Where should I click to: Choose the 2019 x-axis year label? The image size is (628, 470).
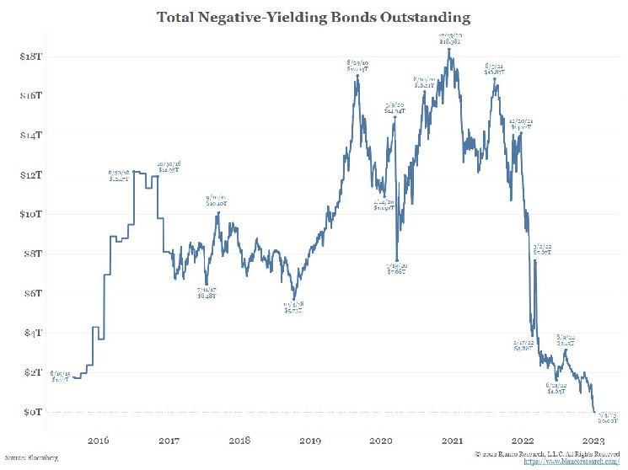click(x=310, y=440)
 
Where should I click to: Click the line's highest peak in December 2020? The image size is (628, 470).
click(x=449, y=49)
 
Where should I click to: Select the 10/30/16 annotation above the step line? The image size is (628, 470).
click(x=169, y=167)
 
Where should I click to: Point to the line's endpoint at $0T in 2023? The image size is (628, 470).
click(x=594, y=412)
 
